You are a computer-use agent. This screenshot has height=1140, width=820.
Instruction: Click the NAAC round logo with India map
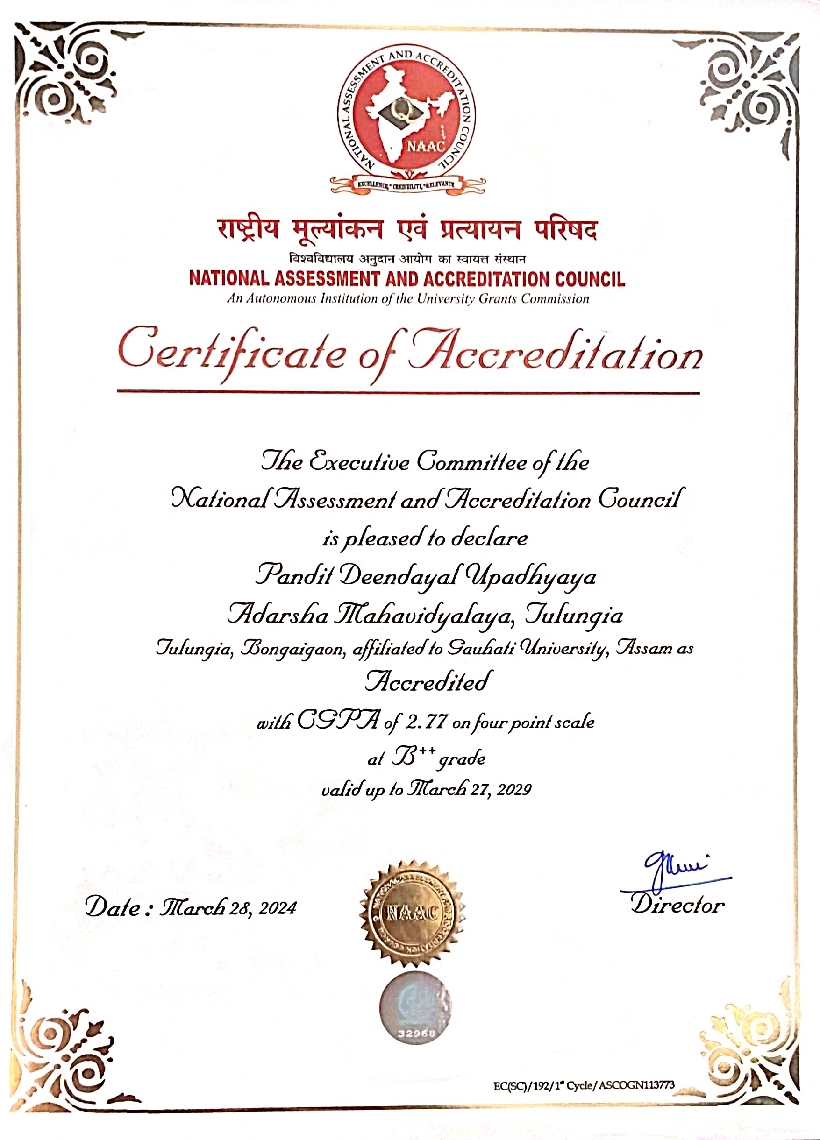pyautogui.click(x=406, y=118)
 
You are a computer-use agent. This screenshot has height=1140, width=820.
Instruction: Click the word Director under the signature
pyautogui.click(x=677, y=905)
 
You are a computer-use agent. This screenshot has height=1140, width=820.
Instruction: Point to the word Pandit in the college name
pyautogui.click(x=294, y=574)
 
